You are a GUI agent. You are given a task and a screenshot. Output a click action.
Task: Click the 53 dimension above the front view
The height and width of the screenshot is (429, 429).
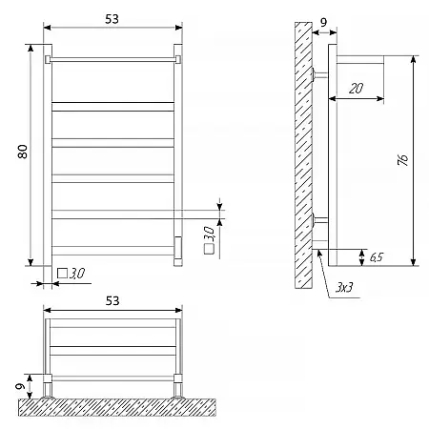[112, 19]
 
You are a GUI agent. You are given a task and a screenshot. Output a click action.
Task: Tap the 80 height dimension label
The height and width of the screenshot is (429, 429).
[23, 152]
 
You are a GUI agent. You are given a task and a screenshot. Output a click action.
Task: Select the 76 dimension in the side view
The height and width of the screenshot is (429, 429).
[403, 160]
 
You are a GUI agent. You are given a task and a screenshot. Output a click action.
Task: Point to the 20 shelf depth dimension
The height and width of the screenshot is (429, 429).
[356, 88]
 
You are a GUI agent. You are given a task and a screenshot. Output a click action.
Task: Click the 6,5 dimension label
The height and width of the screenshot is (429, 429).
[377, 256]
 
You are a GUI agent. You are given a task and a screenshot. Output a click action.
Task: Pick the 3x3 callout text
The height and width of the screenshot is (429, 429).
[344, 288]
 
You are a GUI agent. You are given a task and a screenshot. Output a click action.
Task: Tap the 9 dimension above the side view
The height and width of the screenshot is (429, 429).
[323, 23]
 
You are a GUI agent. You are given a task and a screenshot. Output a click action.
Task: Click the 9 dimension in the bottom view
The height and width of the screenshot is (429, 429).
[20, 387]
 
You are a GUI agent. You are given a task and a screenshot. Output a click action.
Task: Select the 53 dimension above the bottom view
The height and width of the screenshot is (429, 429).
[112, 300]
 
